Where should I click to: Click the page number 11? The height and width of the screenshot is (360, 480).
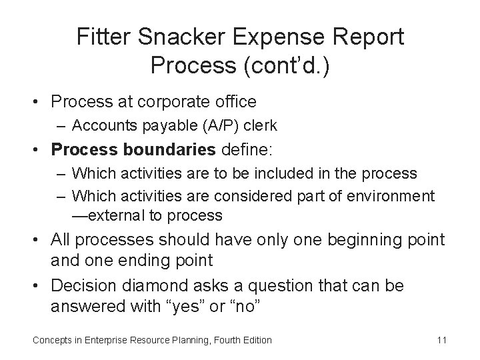441,340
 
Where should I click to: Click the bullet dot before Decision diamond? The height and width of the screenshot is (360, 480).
41,286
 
